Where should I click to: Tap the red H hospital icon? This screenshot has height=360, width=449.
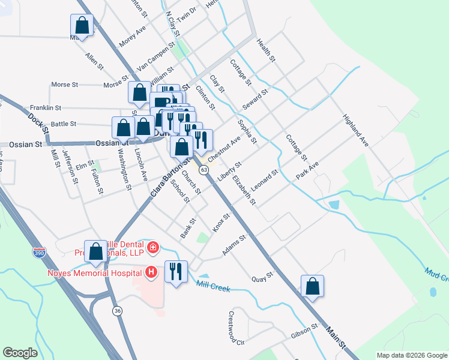(151, 272)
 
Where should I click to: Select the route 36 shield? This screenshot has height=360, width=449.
(116, 310)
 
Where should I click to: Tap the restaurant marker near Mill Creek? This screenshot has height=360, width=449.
(176, 271)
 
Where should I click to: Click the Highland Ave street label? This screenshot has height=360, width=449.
(355, 131)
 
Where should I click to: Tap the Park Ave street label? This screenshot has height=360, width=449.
(307, 170)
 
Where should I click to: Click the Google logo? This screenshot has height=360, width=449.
(20, 353)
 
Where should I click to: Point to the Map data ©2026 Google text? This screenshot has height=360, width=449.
(412, 355)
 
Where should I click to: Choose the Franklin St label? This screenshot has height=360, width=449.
(46, 108)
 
